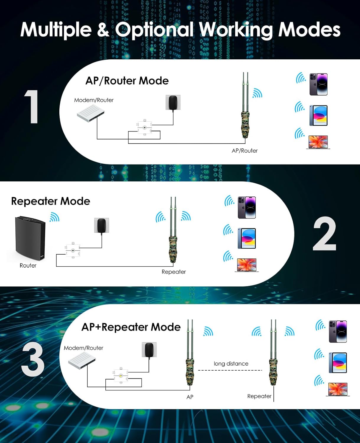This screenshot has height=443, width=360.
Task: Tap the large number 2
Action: (x=324, y=234)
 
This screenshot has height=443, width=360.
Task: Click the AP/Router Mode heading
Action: (x=127, y=81)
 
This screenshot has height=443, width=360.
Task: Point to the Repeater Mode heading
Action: (x=51, y=201)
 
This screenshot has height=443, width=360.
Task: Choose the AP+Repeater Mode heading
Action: (x=131, y=327)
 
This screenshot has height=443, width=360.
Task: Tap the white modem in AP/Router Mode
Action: (x=91, y=113)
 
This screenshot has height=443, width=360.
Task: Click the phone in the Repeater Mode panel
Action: (x=247, y=207)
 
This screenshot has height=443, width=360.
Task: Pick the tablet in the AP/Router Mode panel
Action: (x=318, y=115)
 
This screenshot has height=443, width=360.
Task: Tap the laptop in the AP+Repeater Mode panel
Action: (x=338, y=389)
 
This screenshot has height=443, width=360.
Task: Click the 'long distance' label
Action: (x=231, y=364)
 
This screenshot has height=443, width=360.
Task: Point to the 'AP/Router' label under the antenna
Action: (x=245, y=151)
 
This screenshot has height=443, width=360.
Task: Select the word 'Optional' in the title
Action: (x=154, y=30)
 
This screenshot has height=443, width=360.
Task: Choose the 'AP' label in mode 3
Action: (x=190, y=397)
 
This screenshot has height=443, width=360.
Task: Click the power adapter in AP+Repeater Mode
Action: (x=149, y=350)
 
